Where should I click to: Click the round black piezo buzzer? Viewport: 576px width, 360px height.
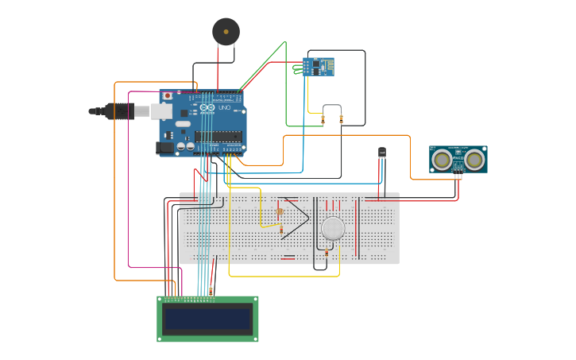pyautogui.click(x=226, y=31)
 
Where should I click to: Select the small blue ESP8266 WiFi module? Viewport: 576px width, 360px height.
pyautogui.click(x=319, y=67)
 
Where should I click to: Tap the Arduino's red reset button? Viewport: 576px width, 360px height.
pyautogui.click(x=167, y=96)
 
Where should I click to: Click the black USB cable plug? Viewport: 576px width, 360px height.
pyautogui.click(x=118, y=111)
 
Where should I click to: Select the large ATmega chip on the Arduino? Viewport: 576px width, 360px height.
pyautogui.click(x=218, y=135)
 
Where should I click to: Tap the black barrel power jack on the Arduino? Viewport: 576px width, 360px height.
pyautogui.click(x=165, y=147)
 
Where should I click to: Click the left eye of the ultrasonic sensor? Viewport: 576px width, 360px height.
pyautogui.click(x=442, y=160)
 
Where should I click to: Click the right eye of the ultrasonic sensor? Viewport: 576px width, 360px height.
pyautogui.click(x=475, y=160)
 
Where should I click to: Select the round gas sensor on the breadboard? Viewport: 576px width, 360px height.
pyautogui.click(x=333, y=229)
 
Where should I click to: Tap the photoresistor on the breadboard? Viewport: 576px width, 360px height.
pyautogui.click(x=280, y=211)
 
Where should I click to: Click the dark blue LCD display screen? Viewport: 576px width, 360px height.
pyautogui.click(x=207, y=319)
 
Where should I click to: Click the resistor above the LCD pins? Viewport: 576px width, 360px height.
pyautogui.click(x=211, y=291)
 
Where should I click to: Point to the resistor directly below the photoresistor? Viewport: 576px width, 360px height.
pyautogui.click(x=280, y=230)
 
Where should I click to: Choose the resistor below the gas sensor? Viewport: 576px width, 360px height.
pyautogui.click(x=326, y=253)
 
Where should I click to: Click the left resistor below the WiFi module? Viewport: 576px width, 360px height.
pyautogui.click(x=323, y=120)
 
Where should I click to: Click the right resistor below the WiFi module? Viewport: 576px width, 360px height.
pyautogui.click(x=342, y=120)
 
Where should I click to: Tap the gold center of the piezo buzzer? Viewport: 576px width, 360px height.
pyautogui.click(x=226, y=32)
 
